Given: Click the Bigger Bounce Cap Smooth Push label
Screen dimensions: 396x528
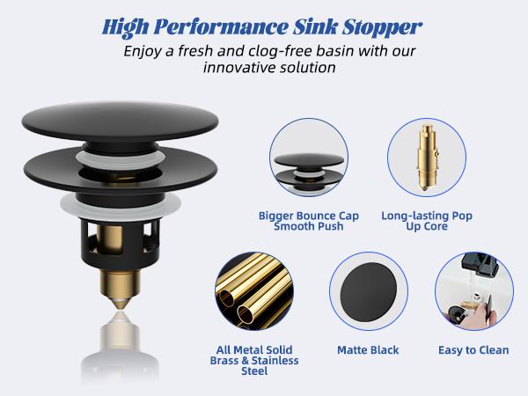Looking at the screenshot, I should pos(302,219).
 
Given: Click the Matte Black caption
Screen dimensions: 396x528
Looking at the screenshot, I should pos(368,350).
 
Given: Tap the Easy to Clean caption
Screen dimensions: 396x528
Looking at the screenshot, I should pos(473,350).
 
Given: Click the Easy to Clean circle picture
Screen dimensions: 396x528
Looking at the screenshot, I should pos(473,295).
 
